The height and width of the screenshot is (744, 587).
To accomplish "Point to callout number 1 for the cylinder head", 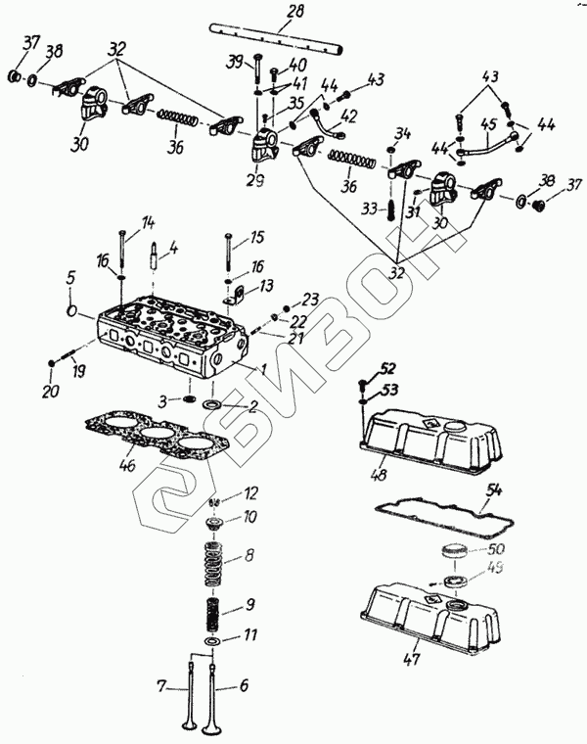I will click(263, 369).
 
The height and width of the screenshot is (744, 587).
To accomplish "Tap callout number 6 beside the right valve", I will click(245, 687).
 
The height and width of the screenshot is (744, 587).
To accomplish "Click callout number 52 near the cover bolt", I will click(388, 369).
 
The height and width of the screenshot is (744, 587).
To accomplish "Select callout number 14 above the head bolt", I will click(149, 223).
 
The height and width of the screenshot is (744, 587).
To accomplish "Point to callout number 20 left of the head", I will click(49, 393).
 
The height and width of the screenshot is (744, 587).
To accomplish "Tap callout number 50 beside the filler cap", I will click(496, 549).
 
